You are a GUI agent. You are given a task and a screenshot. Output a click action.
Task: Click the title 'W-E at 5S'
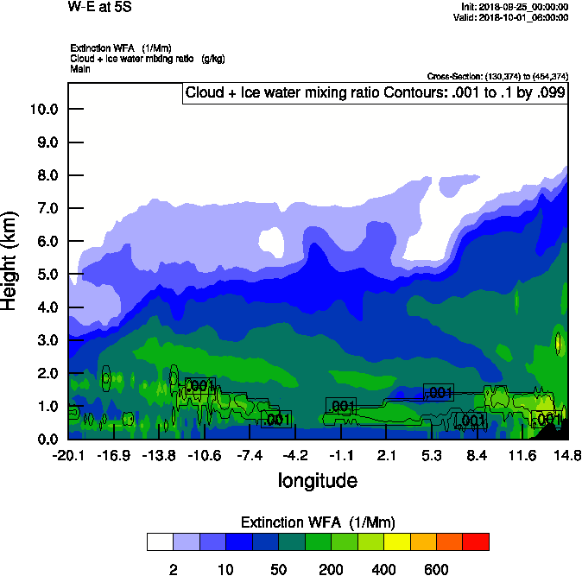coord(99,8)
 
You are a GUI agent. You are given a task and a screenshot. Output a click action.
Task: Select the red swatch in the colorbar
coord(476,541)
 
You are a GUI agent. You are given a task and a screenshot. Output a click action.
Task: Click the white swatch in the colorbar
coord(160,541)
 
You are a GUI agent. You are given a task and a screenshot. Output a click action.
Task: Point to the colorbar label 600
coord(437,569)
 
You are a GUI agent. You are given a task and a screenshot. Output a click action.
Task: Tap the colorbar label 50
coord(279,569)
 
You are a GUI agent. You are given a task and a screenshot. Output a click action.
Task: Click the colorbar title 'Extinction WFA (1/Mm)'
coord(317,522)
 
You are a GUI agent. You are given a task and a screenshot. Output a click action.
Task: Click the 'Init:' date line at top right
coord(516,7)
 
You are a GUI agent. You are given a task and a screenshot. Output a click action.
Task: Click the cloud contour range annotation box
coord(374,93)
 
